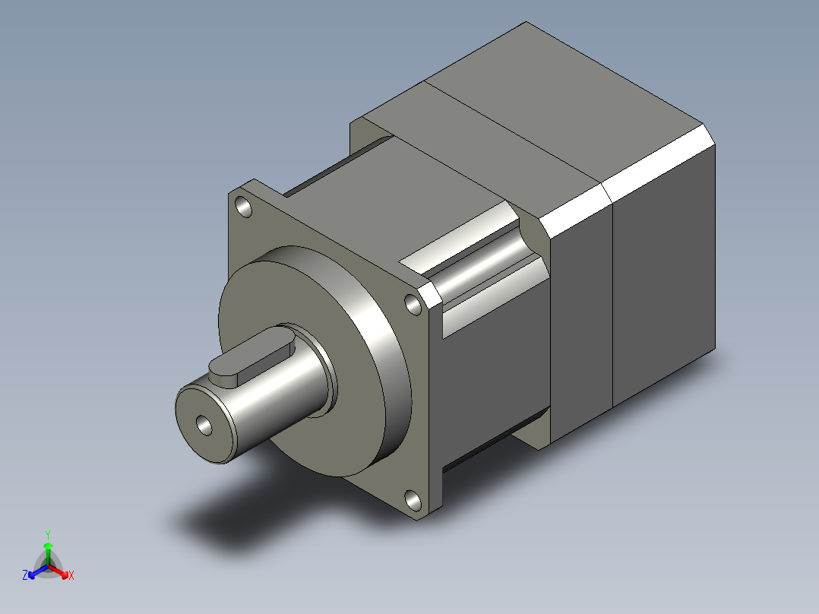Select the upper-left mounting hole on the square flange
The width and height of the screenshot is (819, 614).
coord(243,206)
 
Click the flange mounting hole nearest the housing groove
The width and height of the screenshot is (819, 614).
coord(414,305)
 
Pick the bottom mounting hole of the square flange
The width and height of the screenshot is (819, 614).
coord(413,500)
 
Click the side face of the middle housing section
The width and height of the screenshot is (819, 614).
coord(581,327)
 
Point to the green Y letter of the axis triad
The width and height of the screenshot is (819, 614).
coord(48,533)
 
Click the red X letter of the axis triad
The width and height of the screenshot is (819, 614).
coord(71,576)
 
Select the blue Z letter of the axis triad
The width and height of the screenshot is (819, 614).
coord(25,576)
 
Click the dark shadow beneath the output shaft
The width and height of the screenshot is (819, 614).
coord(228,517)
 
